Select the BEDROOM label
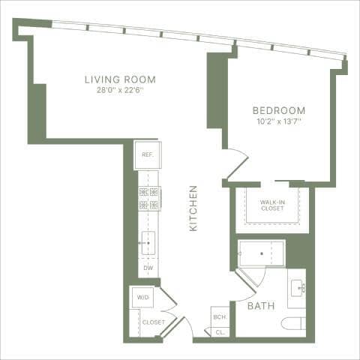pyautogui.click(x=279, y=110)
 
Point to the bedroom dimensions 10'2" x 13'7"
pyautogui.click(x=279, y=121)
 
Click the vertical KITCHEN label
pyautogui.click(x=193, y=208)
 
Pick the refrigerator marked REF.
pyautogui.click(x=147, y=155)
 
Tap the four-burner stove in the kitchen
pyautogui.click(x=148, y=198)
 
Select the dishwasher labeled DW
pyautogui.click(x=148, y=268)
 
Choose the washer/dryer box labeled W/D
pyautogui.click(x=142, y=298)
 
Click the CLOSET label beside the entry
pyautogui.click(x=153, y=322)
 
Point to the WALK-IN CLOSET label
pyautogui.click(x=271, y=205)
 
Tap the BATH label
pyautogui.click(x=260, y=305)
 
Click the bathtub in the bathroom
pyautogui.click(x=262, y=253)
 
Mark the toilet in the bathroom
pyautogui.click(x=295, y=323)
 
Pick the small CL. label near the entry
pyautogui.click(x=220, y=331)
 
